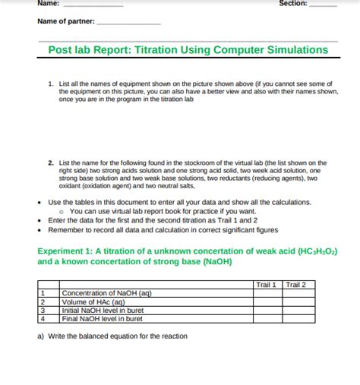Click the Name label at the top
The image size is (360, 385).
(47, 4)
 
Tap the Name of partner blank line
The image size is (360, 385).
(128, 23)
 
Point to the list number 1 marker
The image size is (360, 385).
(50, 84)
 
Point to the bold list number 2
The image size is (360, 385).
(50, 163)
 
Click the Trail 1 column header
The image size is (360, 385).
(266, 285)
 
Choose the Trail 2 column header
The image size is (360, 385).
(295, 285)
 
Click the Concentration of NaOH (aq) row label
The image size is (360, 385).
(107, 293)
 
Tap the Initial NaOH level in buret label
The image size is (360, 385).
(103, 310)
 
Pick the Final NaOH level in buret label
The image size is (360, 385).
(102, 319)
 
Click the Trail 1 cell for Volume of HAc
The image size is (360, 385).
(267, 301)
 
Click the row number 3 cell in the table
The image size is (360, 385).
(43, 310)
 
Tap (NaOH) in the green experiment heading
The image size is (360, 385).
(213, 262)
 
